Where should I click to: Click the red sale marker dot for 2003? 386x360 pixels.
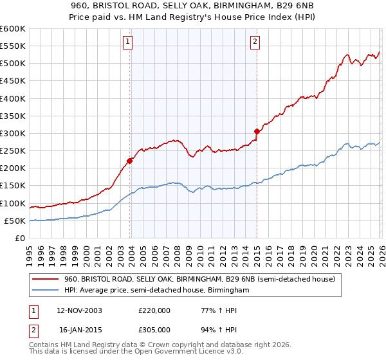[130, 161]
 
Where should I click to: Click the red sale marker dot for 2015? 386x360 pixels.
[257, 131]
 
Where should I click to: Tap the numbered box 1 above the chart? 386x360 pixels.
[129, 42]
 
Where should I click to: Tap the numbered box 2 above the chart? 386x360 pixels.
[255, 42]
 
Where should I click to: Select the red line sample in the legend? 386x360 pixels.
[46, 279]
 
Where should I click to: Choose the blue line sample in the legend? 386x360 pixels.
[46, 291]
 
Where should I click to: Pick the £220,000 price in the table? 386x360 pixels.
[154, 310]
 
